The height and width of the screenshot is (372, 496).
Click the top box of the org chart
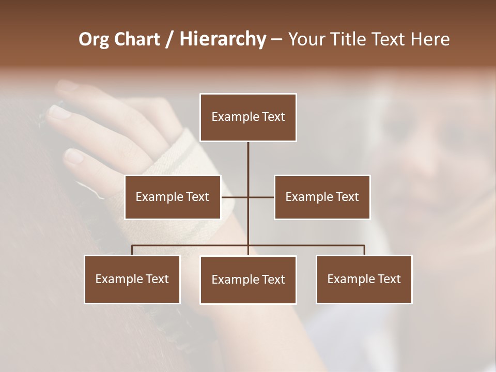click(248, 117)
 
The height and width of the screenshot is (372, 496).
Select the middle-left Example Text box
click(173, 197)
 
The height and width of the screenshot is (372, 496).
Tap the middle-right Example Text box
click(322, 197)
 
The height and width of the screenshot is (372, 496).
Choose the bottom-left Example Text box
click(132, 279)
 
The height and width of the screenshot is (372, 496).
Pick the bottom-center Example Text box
click(248, 280)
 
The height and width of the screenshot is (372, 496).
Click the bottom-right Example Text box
click(364, 279)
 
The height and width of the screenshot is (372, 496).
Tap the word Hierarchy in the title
click(222, 39)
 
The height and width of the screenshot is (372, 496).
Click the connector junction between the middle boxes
click(248, 197)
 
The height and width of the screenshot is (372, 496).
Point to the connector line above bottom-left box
click(132, 250)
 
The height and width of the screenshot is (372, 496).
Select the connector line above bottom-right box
click(364, 250)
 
